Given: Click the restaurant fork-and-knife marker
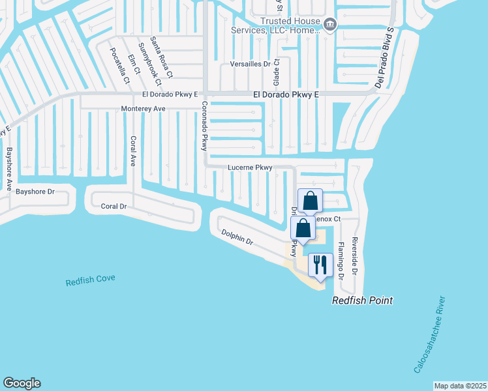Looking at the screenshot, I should point(319,265).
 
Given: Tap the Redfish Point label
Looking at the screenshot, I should point(362,300).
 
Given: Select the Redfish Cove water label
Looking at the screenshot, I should point(90,280).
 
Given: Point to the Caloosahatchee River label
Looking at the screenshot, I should point(431,335).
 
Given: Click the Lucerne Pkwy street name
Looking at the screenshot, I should point(250,167).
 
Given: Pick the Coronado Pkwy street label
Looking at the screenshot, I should point(204,126).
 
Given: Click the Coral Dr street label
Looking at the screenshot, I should point(114,206).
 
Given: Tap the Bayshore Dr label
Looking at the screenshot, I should point(35,192).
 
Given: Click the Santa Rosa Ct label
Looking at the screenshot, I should point(160,57).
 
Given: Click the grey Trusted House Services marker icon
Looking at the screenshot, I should point(330,25).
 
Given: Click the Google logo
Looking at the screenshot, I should point(22,383).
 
